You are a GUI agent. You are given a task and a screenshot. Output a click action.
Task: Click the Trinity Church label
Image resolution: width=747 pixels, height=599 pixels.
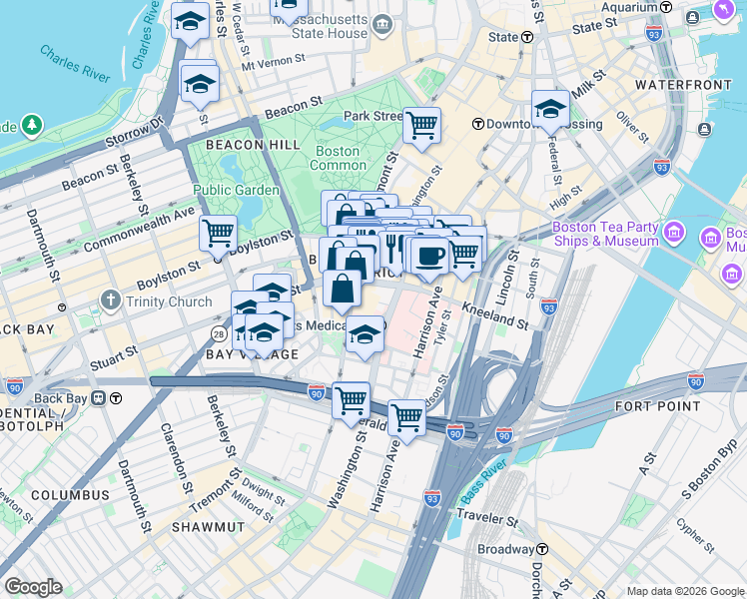[x=167, y=301]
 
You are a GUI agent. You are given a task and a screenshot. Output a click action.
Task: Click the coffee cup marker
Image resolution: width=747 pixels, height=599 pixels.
[x=430, y=256]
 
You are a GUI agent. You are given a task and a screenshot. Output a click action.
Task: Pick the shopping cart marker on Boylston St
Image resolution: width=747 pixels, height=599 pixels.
[x=217, y=236]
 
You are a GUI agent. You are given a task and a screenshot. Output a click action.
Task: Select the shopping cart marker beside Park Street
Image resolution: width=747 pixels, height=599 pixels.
[x=421, y=127]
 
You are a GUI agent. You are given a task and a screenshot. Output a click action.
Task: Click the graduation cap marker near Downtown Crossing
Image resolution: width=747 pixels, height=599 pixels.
[x=549, y=110]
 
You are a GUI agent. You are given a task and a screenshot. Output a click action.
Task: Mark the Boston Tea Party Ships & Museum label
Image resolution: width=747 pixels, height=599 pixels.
[x=605, y=234]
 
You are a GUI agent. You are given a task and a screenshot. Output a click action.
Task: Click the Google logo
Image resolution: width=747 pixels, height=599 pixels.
[x=33, y=587]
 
